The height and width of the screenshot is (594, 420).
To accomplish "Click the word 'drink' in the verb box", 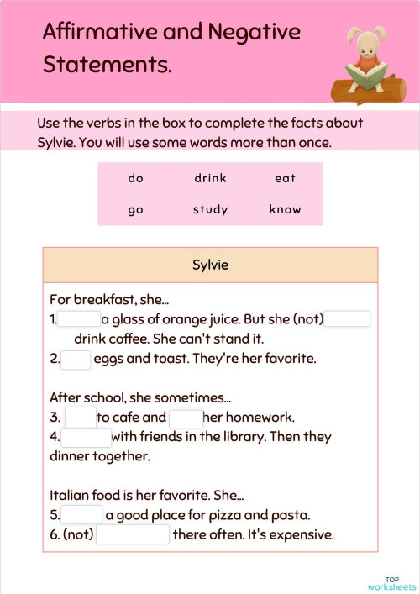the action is (x=210, y=178).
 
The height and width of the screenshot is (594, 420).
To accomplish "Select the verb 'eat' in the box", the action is (x=285, y=178).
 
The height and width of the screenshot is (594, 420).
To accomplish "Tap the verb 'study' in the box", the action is (x=210, y=209).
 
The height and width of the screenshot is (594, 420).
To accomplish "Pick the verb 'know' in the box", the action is (x=285, y=209).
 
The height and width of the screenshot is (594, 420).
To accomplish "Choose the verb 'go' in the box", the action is (x=136, y=210).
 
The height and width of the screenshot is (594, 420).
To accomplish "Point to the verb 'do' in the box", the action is (x=136, y=178).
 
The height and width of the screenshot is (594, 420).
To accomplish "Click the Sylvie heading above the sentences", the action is (x=210, y=265).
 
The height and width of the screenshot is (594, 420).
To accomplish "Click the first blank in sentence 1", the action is (x=79, y=319).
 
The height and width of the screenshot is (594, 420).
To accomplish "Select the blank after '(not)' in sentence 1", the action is (x=347, y=319).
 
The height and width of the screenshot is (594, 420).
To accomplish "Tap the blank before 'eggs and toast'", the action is (x=76, y=360).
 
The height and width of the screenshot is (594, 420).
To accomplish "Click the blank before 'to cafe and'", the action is (x=81, y=418).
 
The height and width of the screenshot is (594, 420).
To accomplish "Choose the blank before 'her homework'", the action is (x=186, y=418).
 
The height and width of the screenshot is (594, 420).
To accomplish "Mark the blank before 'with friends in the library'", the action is (x=87, y=438).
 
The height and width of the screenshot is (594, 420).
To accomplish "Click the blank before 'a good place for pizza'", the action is (x=81, y=515).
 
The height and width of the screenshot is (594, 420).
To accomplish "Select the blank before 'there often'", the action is (x=133, y=535).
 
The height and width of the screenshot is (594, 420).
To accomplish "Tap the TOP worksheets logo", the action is (x=391, y=582).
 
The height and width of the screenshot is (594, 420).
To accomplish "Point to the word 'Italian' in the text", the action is (x=71, y=495).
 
